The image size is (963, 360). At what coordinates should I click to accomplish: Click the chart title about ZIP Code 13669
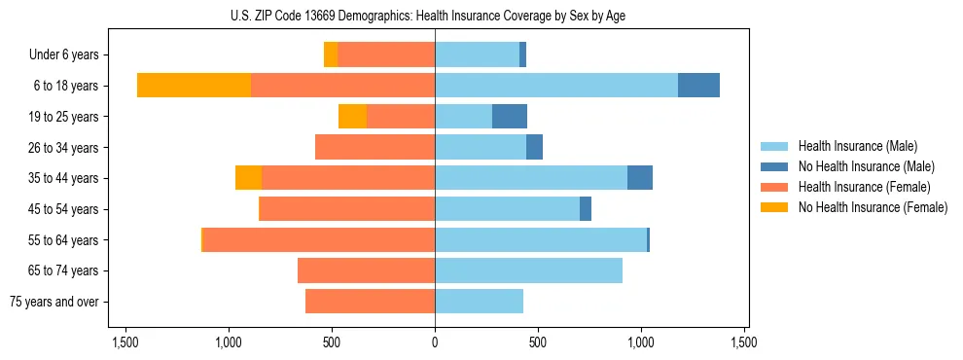coord(435,16)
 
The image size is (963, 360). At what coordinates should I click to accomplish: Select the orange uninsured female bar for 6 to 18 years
coord(194,86)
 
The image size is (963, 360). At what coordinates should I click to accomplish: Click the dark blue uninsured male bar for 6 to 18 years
coord(698,86)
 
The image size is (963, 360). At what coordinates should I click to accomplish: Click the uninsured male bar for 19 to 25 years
coord(510,117)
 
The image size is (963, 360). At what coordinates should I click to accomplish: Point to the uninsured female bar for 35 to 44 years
coord(248,178)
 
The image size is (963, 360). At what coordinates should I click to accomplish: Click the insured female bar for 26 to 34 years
coord(374,147)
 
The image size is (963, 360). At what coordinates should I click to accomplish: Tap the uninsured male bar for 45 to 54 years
coord(586,209)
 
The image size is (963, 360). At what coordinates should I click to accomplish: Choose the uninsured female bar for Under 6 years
coord(331,55)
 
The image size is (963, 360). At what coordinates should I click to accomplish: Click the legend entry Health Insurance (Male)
coord(857,146)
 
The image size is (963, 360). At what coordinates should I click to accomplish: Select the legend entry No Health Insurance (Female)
coord(873,207)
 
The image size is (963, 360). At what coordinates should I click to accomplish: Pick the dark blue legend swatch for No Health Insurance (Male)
coord(774,166)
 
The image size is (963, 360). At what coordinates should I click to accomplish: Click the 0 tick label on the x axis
coord(435,342)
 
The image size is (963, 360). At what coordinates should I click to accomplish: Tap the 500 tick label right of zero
coord(538,342)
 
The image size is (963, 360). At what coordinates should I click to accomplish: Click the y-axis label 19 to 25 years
coord(63,117)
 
